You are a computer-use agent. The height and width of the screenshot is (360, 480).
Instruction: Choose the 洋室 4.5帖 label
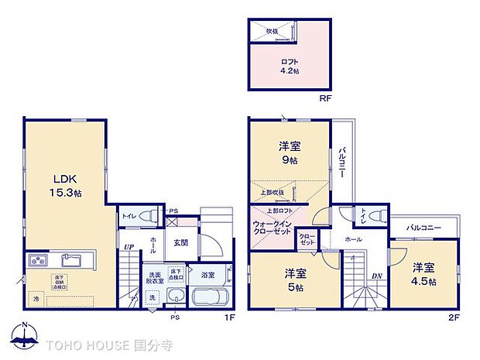[x=423, y=272]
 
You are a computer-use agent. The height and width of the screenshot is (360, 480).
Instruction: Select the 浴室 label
[x=207, y=274]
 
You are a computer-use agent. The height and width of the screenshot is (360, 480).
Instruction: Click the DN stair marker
[x=376, y=276]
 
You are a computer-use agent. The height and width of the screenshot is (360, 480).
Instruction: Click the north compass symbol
[x=26, y=337]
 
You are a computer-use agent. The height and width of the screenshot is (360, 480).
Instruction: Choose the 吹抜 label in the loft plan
[x=272, y=31]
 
